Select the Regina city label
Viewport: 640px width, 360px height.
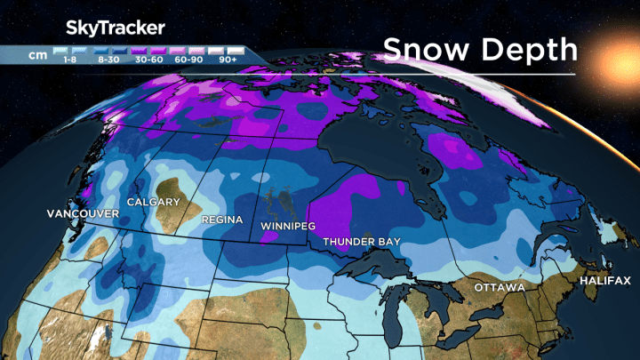[216, 217]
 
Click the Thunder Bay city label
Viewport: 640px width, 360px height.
[361, 242]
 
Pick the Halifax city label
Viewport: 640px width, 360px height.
[604, 280]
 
